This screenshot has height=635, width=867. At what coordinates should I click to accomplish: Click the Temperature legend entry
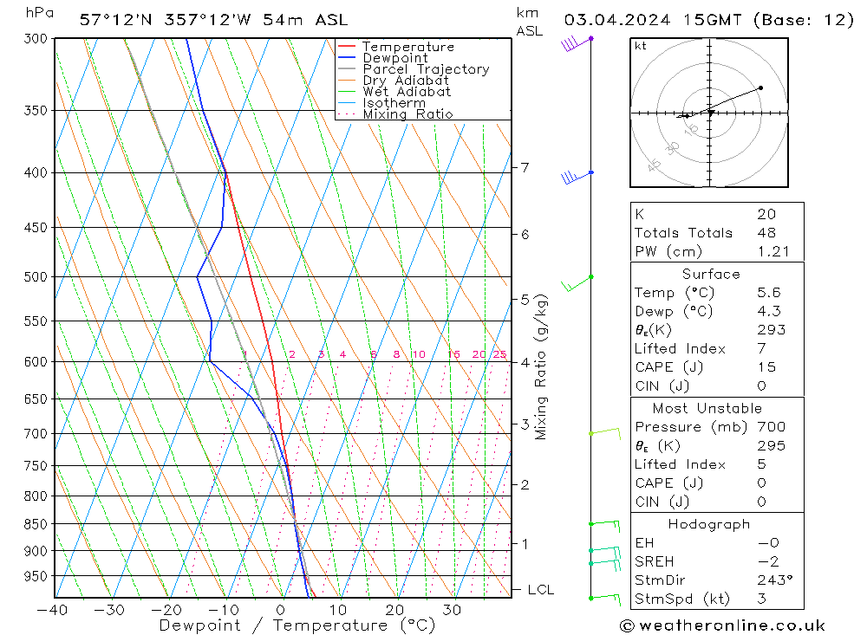click(x=407, y=47)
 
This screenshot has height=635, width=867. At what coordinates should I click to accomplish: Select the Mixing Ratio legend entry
click(x=407, y=114)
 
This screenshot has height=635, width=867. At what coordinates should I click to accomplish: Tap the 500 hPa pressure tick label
click(x=36, y=277)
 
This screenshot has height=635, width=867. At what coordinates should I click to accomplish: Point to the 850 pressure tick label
click(x=36, y=524)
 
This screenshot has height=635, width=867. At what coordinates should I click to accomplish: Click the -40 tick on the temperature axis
click(x=53, y=609)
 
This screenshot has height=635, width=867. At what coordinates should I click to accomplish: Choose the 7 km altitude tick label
click(x=525, y=167)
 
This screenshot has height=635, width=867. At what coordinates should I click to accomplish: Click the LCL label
click(x=540, y=590)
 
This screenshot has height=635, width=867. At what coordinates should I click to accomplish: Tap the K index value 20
click(x=766, y=214)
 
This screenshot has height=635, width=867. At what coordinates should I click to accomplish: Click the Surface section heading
click(x=711, y=274)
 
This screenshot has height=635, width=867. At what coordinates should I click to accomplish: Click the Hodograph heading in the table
click(x=709, y=524)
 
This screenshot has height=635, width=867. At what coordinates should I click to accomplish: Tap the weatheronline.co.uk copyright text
click(x=722, y=625)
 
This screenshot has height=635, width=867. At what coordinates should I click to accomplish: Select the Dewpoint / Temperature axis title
click(x=297, y=625)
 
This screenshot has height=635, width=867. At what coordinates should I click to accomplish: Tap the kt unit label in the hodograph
click(x=641, y=46)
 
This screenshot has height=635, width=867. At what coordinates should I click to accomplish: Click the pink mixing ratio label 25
click(x=499, y=354)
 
